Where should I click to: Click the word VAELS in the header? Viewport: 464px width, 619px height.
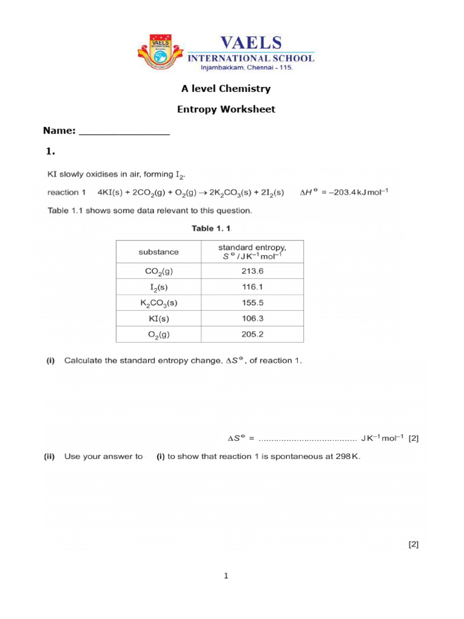[x=251, y=43]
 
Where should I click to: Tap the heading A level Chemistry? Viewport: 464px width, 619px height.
[x=226, y=89]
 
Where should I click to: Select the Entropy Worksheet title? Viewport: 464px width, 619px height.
[x=226, y=109]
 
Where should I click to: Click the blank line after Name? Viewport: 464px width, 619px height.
[x=124, y=132]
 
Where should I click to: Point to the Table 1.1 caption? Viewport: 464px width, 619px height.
[x=211, y=228]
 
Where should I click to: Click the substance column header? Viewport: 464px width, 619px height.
[x=159, y=251]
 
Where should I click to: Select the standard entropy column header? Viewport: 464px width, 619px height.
[x=252, y=251]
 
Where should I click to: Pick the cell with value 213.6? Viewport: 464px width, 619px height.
[x=252, y=271]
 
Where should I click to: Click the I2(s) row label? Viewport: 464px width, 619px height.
[x=159, y=287]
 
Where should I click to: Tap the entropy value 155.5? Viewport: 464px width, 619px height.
[x=252, y=303]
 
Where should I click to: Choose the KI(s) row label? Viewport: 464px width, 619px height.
[x=159, y=319]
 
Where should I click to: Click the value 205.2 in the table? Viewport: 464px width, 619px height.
[x=252, y=334]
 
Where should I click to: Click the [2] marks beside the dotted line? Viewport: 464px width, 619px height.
[x=413, y=439]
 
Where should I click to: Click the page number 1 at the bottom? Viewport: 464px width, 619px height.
[x=226, y=576]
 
